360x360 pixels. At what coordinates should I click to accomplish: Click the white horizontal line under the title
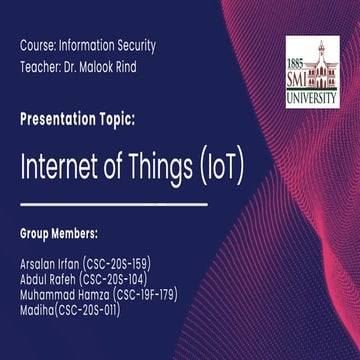114,203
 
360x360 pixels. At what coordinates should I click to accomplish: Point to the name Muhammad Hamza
65,295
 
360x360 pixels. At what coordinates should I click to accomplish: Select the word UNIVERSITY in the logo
312,99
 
